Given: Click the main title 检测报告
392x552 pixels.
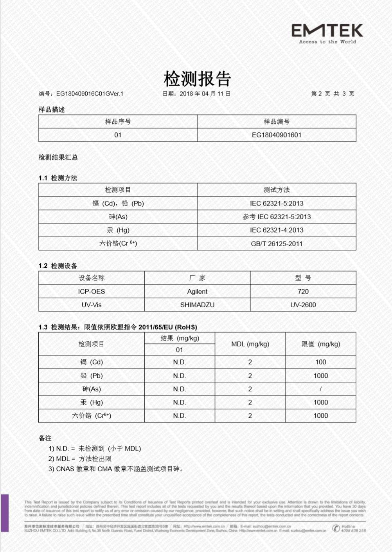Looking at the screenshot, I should [x=197, y=79].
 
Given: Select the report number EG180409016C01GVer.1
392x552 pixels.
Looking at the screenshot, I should [x=90, y=94].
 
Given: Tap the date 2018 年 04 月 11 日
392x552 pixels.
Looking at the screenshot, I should [x=205, y=94].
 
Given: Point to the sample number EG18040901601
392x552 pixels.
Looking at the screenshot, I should [x=276, y=135].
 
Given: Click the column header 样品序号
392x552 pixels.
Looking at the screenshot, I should [x=118, y=122].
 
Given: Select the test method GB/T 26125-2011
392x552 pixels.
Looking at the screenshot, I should [x=276, y=244].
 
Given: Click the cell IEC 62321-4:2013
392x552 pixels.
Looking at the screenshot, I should [x=276, y=230].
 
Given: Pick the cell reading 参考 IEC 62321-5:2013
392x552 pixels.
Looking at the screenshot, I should [x=276, y=217].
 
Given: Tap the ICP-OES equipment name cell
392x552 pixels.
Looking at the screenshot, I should [x=91, y=292].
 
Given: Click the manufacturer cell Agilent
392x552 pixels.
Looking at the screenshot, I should [x=197, y=292].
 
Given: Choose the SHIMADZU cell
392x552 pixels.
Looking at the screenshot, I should [x=197, y=305].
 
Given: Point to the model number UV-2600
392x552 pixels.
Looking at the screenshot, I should [x=303, y=305].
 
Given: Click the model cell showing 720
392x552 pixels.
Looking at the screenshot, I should [x=303, y=292].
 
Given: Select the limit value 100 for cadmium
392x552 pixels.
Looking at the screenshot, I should [x=320, y=362].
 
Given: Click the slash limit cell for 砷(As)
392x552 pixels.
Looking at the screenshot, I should [x=320, y=389].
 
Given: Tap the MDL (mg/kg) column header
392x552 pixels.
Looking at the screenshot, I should [x=250, y=344].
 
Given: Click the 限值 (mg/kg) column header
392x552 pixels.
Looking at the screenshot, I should [x=320, y=344].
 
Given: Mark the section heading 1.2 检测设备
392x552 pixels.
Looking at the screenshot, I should [x=58, y=266].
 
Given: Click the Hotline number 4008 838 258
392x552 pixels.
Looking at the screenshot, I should [x=353, y=531].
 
